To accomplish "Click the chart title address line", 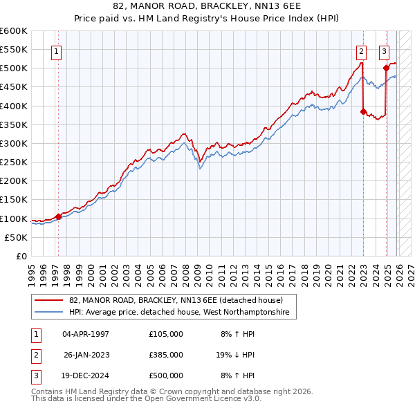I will click(x=207, y=6).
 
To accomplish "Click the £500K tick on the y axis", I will click(x=14, y=68).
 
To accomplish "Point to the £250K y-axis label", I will click(x=14, y=163).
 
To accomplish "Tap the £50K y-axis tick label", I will click(x=16, y=237).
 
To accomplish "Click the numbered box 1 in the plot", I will click(x=55, y=50).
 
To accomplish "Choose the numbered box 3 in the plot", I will click(x=384, y=50).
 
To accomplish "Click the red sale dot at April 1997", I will click(x=58, y=216).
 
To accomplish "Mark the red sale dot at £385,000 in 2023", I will click(x=363, y=111).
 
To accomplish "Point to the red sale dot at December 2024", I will click(x=386, y=68).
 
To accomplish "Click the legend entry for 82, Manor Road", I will click(x=176, y=301).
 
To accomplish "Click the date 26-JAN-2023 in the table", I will click(x=86, y=355).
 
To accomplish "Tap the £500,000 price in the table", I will click(x=166, y=375).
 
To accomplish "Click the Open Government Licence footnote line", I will click(x=145, y=399).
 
